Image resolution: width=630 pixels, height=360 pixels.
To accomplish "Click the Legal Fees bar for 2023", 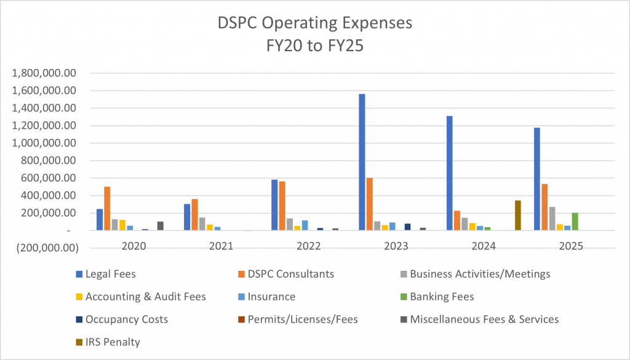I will (x=362, y=162).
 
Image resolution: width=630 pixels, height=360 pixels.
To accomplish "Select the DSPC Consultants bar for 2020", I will (x=107, y=209).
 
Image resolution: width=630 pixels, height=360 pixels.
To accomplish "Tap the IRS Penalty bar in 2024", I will (x=518, y=215).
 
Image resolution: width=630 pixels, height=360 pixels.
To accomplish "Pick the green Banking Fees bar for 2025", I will (x=575, y=222).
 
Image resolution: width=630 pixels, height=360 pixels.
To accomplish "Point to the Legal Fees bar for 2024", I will (x=449, y=173).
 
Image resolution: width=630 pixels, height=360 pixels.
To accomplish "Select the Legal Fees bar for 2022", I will (x=274, y=205).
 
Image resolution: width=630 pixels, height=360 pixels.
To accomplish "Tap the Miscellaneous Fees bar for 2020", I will (x=160, y=226).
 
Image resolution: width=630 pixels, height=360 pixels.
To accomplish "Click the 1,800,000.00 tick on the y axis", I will (x=44, y=73).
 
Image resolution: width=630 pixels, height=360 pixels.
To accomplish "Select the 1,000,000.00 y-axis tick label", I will (x=44, y=143).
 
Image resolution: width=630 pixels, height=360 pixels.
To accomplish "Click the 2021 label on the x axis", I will (x=221, y=246).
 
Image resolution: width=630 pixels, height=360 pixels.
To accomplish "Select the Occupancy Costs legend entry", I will (x=126, y=319).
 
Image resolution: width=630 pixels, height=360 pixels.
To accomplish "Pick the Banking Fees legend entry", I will (x=442, y=297).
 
